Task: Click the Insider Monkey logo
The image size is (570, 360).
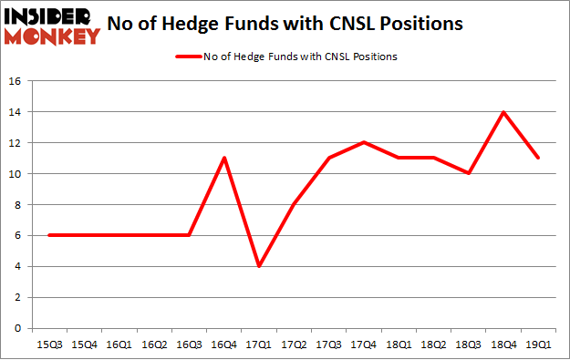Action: (53, 26)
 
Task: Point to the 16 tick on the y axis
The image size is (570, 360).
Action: (16, 81)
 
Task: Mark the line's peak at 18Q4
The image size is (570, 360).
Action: (503, 112)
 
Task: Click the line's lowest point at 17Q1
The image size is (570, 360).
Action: (259, 266)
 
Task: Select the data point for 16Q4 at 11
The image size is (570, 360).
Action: (224, 158)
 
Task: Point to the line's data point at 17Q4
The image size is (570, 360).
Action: (364, 142)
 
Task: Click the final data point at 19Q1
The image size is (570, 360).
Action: (538, 158)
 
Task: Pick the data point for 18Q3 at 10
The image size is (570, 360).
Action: (469, 173)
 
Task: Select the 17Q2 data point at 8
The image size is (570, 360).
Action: (294, 204)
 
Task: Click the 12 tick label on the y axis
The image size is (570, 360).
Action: (16, 143)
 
